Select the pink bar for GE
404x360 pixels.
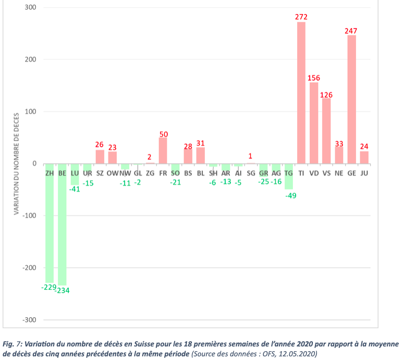[x=351, y=99]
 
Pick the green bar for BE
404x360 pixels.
[x=62, y=224]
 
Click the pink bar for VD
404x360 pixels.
[x=314, y=123]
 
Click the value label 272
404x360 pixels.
[x=301, y=17]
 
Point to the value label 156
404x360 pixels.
[x=314, y=78]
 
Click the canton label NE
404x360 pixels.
[x=339, y=172]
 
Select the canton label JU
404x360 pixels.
[x=364, y=172]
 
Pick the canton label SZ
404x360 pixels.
[x=100, y=172]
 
